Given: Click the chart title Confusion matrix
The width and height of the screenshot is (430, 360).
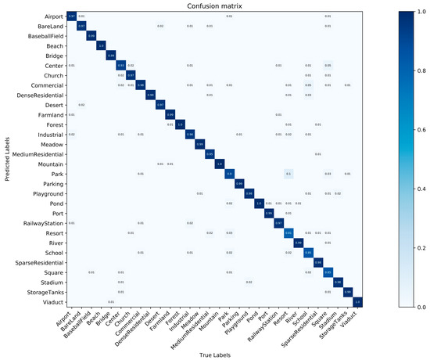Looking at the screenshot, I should coord(215,5).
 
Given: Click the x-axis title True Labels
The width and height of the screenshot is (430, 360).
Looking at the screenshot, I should coord(213,354).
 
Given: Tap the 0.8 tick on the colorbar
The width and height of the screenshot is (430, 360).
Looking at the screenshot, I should coord(421,70).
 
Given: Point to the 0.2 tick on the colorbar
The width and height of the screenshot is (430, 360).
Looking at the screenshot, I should coord(421,248).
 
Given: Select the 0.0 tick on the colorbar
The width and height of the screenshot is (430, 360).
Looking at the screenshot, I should coord(421,307).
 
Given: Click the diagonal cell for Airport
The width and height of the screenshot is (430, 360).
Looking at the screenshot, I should coord(71,16).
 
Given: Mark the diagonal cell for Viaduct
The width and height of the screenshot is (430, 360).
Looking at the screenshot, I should coord(357,301).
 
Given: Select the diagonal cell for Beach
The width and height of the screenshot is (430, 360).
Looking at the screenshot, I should coord(101,45).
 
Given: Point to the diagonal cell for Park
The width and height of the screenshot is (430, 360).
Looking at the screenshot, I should coord(230,173).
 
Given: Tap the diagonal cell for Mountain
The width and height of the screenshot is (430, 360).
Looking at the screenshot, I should coord(220,164).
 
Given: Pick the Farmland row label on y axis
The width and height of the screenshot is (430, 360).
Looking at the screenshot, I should coord(50,114).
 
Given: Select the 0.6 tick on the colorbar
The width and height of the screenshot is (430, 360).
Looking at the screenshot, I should coord(421,129).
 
